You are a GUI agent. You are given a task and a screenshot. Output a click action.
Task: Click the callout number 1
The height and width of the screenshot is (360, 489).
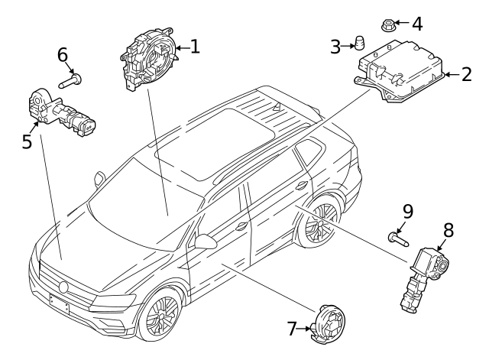click(x=195, y=47)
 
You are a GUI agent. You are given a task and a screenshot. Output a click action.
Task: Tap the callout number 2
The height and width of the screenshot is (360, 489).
click(x=467, y=75)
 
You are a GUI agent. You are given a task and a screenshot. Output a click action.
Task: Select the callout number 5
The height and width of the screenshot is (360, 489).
click(x=27, y=141)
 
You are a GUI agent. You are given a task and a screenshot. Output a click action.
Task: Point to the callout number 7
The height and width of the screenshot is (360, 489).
click(x=292, y=329)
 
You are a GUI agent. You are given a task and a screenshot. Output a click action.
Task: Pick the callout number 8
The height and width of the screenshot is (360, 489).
click(x=449, y=230)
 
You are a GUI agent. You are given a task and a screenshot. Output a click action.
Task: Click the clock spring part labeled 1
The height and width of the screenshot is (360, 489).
click(x=150, y=59)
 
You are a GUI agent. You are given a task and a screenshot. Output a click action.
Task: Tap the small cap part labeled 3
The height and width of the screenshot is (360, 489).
click(x=360, y=43)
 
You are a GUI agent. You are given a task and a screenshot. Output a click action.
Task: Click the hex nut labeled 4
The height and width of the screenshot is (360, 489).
click(x=388, y=25)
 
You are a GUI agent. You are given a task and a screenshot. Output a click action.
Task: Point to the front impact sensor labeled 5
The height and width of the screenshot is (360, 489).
click(x=62, y=112)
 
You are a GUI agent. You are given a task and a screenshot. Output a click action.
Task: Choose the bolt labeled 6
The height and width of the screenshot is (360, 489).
click(x=70, y=80)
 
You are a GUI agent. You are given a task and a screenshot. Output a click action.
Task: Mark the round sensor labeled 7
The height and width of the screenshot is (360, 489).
click(x=329, y=324)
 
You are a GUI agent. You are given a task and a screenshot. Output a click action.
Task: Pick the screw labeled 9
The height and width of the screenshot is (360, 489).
click(x=398, y=239)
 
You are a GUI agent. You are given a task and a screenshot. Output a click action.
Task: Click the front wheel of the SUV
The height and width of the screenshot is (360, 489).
click(x=160, y=314)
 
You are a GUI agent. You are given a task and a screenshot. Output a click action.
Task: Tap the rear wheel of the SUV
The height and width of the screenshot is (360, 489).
click(x=319, y=222)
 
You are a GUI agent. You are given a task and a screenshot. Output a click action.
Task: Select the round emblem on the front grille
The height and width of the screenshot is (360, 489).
click(x=63, y=287)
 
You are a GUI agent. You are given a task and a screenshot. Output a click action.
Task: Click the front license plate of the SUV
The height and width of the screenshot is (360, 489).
click(x=60, y=303)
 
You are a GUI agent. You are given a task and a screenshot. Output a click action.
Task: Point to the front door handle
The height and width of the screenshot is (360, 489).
click(x=241, y=226)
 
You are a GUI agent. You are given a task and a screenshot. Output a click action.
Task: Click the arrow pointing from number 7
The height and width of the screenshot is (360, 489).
click(x=304, y=329)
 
